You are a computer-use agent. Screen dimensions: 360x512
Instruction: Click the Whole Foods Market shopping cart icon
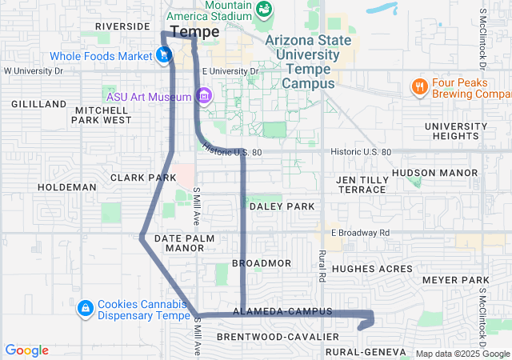point(163,55)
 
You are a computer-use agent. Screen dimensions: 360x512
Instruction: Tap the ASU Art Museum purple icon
point(204,97)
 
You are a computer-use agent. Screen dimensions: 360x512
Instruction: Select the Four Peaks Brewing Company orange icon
point(418,86)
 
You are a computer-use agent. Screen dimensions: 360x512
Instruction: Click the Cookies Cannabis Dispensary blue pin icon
point(85,308)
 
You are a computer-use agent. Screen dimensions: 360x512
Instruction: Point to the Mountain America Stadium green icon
point(264,9)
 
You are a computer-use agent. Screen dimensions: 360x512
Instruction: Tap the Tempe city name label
point(195,32)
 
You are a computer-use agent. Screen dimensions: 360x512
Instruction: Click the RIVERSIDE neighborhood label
point(122,26)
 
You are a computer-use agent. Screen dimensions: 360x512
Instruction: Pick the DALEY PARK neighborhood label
point(282,206)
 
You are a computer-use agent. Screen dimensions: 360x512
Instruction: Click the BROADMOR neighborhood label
point(261,262)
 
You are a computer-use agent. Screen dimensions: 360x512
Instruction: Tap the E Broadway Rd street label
point(360,233)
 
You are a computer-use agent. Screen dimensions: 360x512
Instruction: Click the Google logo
point(27,350)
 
